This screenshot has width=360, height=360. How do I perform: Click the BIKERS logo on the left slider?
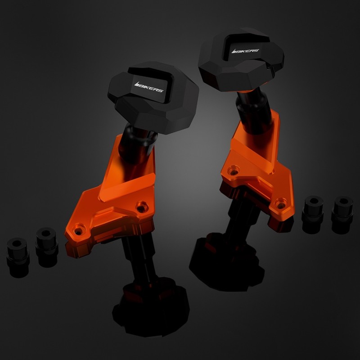coord(148,87)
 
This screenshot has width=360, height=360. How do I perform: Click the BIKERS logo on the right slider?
coord(245,51)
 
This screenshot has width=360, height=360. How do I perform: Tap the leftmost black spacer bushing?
coord(18,257)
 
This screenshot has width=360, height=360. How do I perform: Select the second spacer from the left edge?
coord(47,247)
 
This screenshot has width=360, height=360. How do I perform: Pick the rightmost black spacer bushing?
coord(342,215)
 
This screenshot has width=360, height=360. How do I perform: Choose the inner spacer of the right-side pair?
coord(313,215)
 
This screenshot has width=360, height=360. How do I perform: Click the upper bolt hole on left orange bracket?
coord(142,207)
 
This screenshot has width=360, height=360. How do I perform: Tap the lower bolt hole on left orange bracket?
coord(78,229)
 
